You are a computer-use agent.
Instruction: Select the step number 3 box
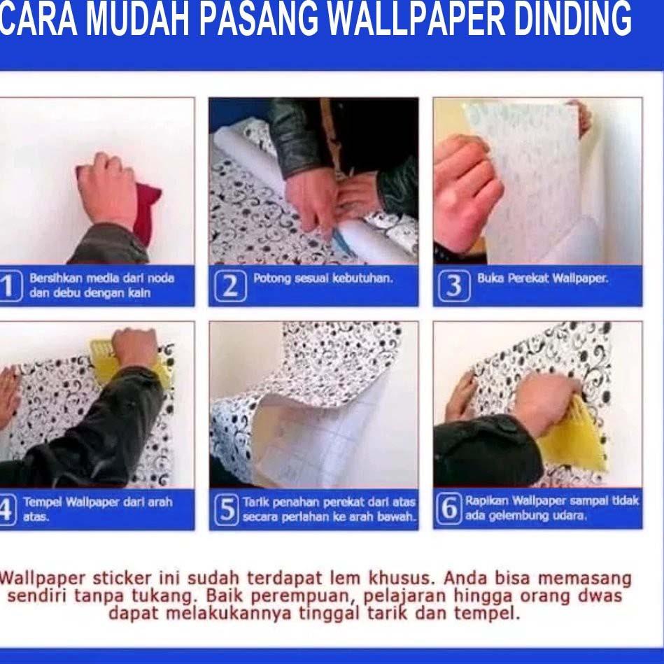pos(453,286)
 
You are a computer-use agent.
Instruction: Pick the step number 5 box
pos(226,510)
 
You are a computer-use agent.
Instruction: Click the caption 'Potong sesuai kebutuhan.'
pos(323,278)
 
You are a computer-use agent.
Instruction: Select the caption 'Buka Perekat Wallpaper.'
pos(542,278)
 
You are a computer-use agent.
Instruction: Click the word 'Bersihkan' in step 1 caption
pos(51,278)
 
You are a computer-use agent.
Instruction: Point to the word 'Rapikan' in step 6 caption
pos(487,501)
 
